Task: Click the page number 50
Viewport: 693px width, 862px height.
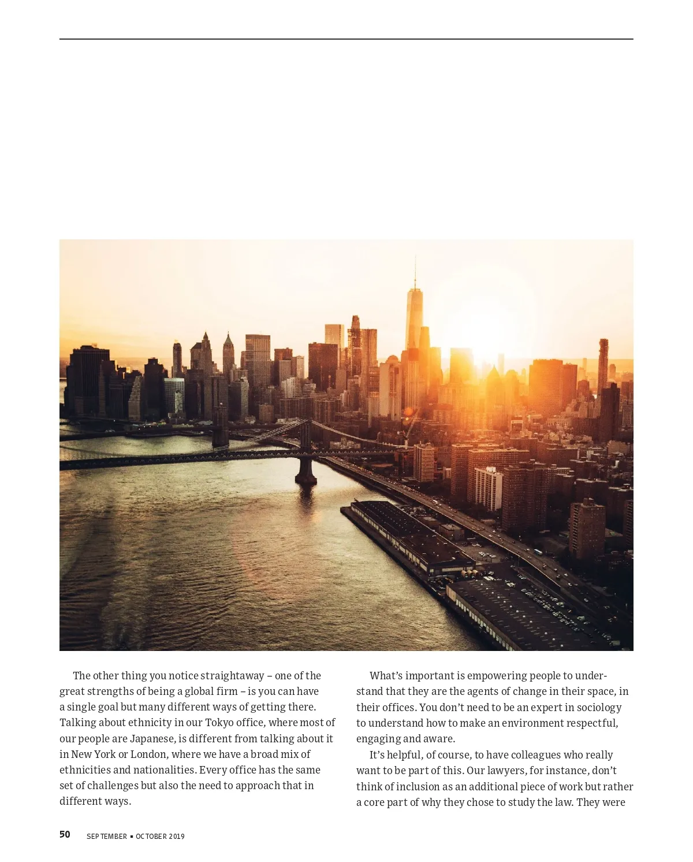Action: coord(65,834)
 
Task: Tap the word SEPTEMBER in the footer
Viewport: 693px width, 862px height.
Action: coord(107,837)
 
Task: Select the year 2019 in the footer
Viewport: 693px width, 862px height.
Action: coord(176,837)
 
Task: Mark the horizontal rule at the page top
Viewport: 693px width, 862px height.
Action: coord(346,39)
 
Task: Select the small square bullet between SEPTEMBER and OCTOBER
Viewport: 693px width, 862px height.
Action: coord(132,837)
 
